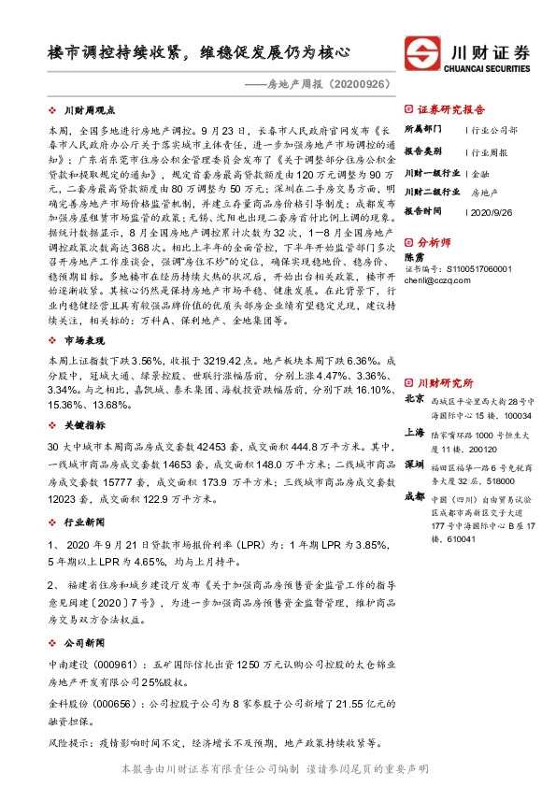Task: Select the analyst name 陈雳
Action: [x=413, y=256]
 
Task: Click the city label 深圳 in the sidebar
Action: [x=413, y=464]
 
